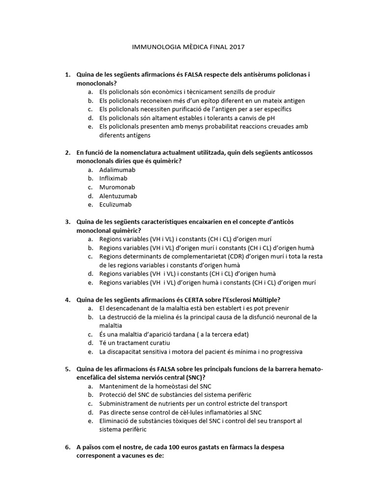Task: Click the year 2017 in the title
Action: click(236, 48)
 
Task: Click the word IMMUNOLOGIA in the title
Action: click(153, 48)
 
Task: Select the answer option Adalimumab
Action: click(117, 170)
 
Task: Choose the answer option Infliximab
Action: click(114, 178)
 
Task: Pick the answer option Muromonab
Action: click(117, 187)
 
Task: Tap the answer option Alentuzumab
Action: click(118, 196)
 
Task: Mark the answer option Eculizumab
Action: click(115, 205)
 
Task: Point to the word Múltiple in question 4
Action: click(273, 300)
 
